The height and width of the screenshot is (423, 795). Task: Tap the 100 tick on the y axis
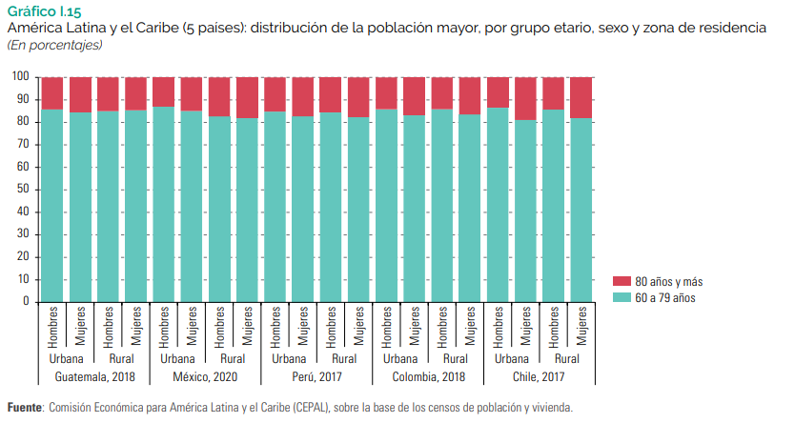[19, 77]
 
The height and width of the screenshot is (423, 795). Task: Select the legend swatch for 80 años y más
[622, 282]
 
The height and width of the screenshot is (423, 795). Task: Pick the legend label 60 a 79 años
[665, 298]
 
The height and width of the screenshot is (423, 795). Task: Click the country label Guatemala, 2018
[94, 378]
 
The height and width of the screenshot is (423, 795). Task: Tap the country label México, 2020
[206, 378]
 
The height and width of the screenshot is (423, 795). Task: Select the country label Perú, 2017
[316, 378]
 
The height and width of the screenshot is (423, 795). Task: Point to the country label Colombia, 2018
[428, 378]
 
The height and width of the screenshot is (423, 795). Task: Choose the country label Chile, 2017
[539, 378]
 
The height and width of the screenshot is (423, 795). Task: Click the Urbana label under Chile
[511, 359]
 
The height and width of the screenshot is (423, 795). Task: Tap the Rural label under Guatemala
[122, 359]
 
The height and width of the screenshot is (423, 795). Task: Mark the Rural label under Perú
[344, 359]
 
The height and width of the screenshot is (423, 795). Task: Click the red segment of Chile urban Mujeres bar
[525, 98]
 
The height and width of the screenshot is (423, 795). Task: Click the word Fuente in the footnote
[25, 407]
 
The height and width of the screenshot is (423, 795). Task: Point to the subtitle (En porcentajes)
[54, 45]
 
